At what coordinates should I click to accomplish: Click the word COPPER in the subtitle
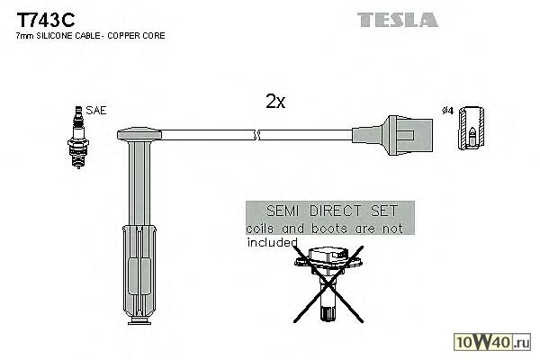(125, 36)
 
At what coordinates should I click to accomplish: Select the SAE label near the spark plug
(96, 111)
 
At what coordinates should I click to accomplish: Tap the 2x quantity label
(274, 103)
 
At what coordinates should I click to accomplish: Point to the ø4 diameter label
(448, 111)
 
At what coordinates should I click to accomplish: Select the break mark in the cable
(257, 137)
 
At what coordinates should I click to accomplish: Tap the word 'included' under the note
(271, 241)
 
